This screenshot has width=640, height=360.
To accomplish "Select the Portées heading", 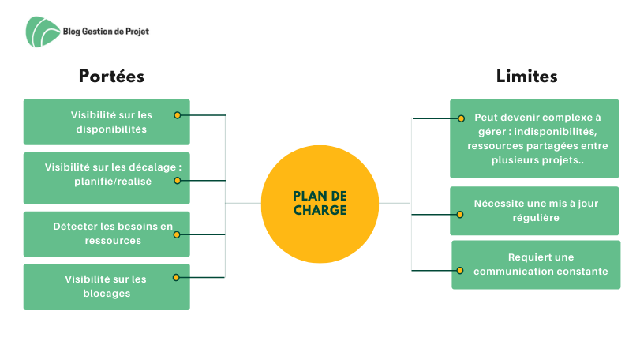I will [x=111, y=77].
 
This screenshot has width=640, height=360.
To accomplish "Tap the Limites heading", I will [x=527, y=77].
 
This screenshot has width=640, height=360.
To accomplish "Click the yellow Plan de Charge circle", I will [x=319, y=203].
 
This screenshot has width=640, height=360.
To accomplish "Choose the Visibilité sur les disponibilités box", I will [x=107, y=122].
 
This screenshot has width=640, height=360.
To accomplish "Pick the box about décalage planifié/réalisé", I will [x=107, y=174].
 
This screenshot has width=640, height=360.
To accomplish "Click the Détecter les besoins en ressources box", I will [x=107, y=234].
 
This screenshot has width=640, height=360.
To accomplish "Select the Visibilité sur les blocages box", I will [x=107, y=286].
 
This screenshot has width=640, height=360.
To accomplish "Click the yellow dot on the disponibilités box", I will [x=177, y=115].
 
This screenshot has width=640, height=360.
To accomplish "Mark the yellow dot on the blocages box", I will [x=177, y=277].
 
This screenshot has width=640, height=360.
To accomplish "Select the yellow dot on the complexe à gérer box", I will [x=461, y=118].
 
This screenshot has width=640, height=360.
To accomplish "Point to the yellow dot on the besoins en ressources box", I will [x=177, y=234].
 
